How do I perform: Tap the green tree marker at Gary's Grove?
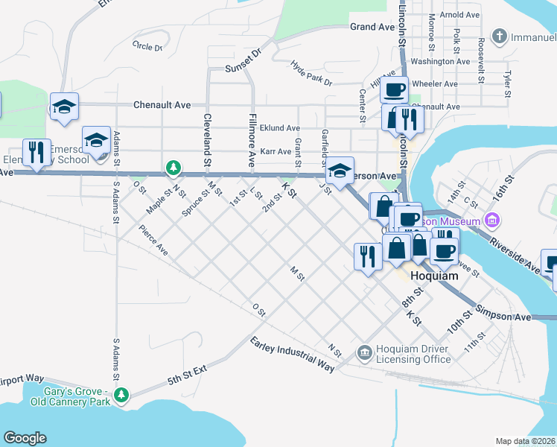pos(127,394)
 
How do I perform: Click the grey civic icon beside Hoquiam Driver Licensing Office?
pos(364,352)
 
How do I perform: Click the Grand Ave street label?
pos(372,27)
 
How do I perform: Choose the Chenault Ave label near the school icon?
pos(162,105)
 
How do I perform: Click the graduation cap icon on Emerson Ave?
pos(340,171)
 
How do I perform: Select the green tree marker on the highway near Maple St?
pos(173,168)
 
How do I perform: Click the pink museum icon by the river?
pos(491,220)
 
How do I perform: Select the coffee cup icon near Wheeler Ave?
pos(394,89)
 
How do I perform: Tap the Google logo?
pos(25,437)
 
